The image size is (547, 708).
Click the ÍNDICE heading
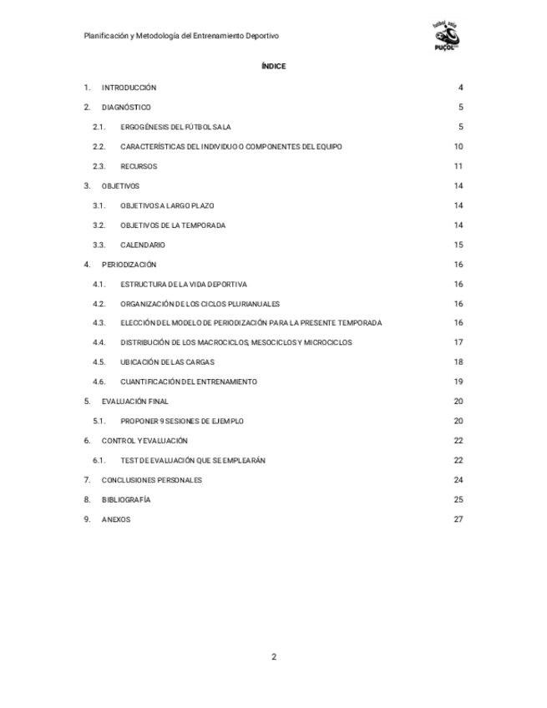[273, 66]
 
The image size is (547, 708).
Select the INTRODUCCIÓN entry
[129, 88]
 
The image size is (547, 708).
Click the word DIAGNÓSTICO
[126, 108]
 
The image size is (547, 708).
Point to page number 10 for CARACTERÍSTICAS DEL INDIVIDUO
[458, 147]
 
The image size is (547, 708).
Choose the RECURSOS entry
[139, 166]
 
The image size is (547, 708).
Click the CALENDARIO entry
[143, 245]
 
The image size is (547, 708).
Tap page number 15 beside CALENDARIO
[458, 245]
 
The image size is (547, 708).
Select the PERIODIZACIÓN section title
[129, 265]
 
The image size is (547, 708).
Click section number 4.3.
[99, 323]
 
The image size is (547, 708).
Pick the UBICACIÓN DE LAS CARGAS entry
[167, 362]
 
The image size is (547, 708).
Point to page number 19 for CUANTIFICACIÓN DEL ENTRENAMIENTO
[458, 382]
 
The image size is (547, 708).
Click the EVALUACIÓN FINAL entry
[134, 402]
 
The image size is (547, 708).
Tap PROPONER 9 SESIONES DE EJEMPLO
[182, 422]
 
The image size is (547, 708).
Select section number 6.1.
[99, 461]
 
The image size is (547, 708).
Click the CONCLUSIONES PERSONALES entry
[152, 480]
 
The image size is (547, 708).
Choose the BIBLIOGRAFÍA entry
[126, 500]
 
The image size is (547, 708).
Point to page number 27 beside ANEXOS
[458, 519]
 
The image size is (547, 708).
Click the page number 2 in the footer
[273, 656]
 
